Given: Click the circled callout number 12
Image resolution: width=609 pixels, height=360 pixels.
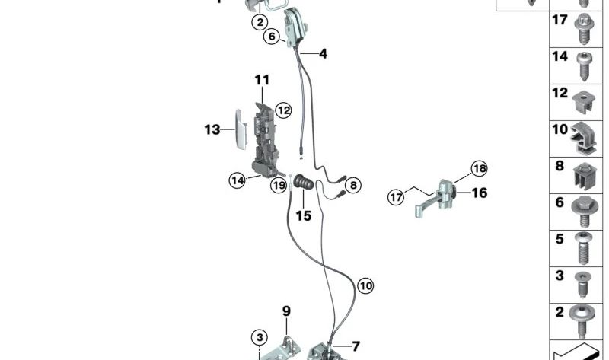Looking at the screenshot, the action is pos(283,110).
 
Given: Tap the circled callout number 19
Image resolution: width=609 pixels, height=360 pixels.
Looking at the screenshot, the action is pos(279,185).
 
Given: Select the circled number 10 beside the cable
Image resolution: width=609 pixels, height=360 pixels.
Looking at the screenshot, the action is pos(365,286).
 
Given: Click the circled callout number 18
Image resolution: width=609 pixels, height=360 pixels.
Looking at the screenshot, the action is pos(480,168).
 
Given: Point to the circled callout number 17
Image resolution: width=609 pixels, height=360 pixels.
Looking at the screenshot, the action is pos(396,197).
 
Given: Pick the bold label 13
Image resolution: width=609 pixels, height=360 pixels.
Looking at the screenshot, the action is pos(212,129).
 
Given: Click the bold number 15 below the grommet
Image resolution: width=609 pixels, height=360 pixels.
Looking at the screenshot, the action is pos(303,215).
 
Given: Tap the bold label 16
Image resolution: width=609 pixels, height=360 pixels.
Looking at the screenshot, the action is pos(480,193).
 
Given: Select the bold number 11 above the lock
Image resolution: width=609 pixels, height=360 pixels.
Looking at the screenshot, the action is pos(262,80).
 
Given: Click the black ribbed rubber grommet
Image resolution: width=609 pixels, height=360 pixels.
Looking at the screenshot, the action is pos(303,183).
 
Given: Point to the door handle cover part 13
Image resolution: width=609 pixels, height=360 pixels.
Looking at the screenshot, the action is pos(241,129).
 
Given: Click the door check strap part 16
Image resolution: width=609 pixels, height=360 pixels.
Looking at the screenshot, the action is pos(437,198).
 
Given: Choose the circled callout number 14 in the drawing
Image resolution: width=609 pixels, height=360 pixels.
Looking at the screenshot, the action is pos(238,180).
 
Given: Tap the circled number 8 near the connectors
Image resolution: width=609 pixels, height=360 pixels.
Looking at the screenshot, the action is pos(353,185).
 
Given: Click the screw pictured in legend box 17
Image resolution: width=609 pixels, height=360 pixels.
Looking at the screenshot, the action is pos(584,29).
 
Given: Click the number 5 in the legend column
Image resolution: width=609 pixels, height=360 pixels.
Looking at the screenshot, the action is pos(560,239).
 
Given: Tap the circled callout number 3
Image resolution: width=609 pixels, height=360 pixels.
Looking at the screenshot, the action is pos(260,337).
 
